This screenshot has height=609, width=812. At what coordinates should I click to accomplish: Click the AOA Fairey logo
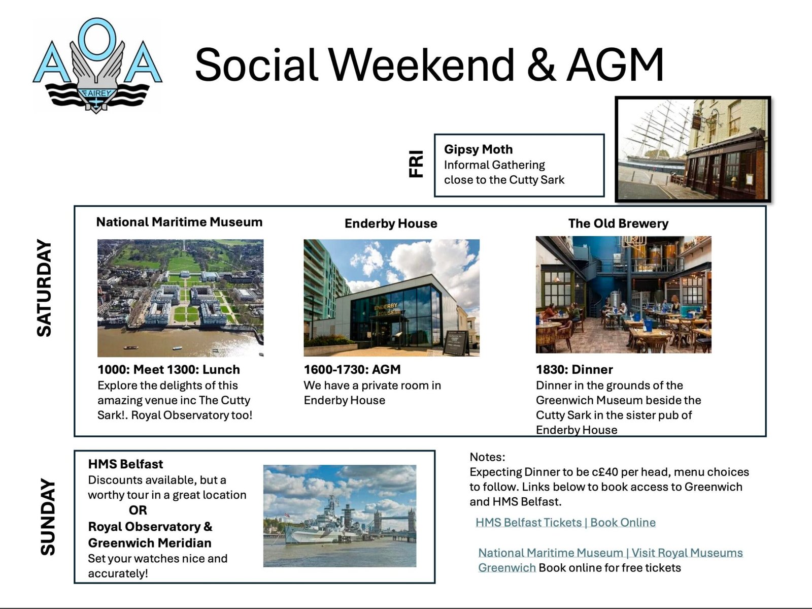[97, 66]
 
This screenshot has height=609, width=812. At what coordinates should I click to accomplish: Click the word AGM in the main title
[615, 65]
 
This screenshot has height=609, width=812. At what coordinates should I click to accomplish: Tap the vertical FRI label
[416, 164]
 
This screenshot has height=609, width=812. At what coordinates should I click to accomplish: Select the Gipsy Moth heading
[478, 149]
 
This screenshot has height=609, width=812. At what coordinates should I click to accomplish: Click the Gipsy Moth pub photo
[693, 149]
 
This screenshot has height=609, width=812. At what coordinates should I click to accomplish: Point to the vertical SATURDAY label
[45, 288]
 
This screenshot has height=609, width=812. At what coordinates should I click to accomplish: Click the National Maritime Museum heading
[179, 222]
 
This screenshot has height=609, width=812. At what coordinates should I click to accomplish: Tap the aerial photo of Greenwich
[180, 298]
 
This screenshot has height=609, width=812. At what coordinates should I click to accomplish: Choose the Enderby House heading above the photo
[391, 223]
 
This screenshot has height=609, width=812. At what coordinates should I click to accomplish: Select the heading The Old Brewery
[618, 223]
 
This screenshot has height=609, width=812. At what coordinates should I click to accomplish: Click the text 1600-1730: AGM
[352, 370]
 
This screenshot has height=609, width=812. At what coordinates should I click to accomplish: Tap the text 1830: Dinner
[574, 370]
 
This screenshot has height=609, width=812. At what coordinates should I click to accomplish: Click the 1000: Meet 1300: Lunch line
[168, 370]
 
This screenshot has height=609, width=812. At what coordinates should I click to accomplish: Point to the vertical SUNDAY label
[48, 517]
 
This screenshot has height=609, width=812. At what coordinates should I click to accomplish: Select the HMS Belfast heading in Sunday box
[125, 464]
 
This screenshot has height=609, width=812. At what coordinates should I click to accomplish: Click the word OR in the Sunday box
[138, 510]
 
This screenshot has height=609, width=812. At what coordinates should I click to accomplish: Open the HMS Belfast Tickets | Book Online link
[565, 523]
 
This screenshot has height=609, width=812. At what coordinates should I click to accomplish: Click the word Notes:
[487, 457]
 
